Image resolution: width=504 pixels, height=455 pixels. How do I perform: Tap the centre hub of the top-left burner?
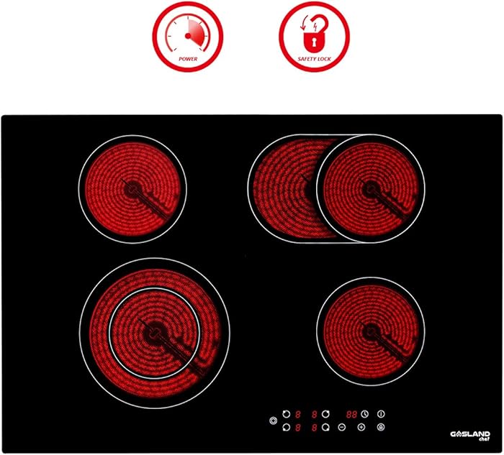132,188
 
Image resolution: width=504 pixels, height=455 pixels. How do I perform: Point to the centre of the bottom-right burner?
370,330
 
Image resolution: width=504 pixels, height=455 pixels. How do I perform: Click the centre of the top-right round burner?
371,188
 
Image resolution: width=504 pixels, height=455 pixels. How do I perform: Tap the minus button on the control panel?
342,428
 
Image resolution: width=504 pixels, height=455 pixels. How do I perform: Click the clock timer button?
365,414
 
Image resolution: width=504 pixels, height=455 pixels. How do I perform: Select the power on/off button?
380,414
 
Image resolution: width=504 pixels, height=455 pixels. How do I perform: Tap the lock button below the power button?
380,428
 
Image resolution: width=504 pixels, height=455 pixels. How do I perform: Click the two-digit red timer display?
352,414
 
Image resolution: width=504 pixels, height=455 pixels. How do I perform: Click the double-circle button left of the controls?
272,421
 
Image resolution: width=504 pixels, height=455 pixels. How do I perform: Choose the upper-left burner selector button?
286,414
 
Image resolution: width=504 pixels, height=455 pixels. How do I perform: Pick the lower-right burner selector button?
326,428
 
